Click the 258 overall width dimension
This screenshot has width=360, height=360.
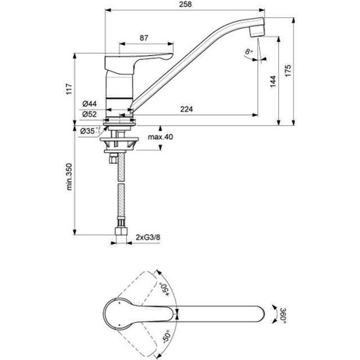186,5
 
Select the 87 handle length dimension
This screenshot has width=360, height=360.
144,38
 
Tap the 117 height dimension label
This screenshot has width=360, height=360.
68,89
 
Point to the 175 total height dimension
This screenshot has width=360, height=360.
288,71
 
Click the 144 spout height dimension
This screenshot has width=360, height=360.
273,82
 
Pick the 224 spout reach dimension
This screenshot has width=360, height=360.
187,109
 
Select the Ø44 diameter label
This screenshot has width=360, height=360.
89,104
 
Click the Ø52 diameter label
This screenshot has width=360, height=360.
89,114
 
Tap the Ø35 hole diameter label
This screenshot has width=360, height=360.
90,131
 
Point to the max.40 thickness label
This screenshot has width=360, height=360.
160,137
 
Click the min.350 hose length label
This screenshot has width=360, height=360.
69,177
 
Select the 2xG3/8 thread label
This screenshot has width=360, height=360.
148,237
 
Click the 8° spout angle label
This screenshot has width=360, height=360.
249,51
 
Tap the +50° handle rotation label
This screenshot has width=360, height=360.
165,289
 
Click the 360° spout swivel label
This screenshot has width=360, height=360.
283,315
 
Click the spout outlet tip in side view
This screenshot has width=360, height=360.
257,32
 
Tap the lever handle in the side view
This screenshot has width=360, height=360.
138,62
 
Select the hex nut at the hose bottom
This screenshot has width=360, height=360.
121,232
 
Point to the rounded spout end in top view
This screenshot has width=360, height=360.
260,314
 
